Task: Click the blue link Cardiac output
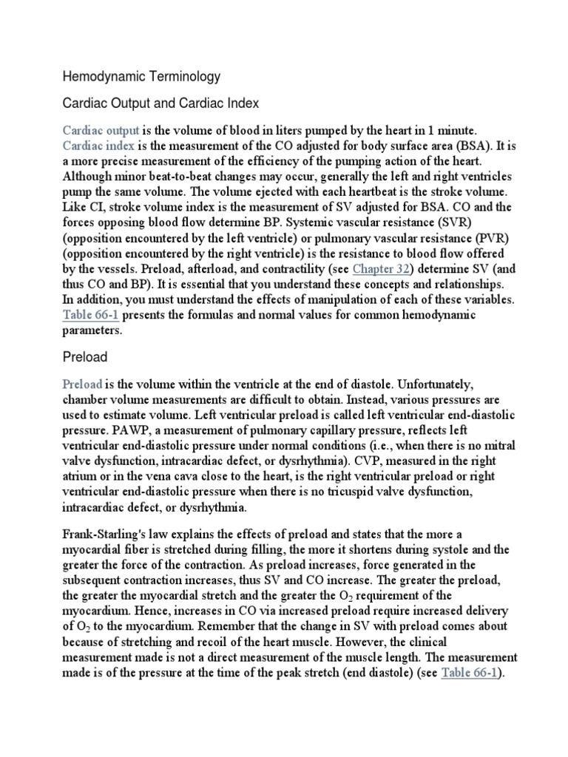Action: [x=101, y=129]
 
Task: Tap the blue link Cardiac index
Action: [x=98, y=145]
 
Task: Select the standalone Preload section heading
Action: [x=85, y=357]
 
